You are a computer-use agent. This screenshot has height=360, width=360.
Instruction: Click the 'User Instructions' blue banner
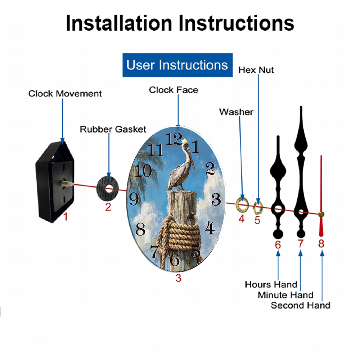[177, 65]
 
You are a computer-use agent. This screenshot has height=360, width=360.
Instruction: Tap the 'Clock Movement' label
[65, 94]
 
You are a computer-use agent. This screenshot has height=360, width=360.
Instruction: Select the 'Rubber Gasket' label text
[113, 129]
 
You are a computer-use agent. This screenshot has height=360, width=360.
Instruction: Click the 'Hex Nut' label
[256, 70]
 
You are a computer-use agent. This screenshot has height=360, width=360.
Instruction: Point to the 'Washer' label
[236, 112]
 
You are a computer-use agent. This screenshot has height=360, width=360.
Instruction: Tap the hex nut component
[258, 208]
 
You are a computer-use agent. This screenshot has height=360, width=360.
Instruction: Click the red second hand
[321, 196]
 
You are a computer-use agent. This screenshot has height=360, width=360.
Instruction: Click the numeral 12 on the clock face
[174, 139]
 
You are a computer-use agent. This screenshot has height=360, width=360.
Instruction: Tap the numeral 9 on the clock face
[134, 199]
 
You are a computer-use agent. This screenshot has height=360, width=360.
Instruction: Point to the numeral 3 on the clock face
[216, 199]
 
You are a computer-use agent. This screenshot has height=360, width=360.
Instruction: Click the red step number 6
[278, 245]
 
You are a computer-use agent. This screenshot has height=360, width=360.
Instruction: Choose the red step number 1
[66, 216]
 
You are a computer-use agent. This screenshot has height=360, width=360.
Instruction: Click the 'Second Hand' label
[301, 305]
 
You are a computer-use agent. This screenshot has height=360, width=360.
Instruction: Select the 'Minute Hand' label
[285, 295]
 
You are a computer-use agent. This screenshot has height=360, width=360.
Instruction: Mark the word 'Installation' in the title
[119, 23]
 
